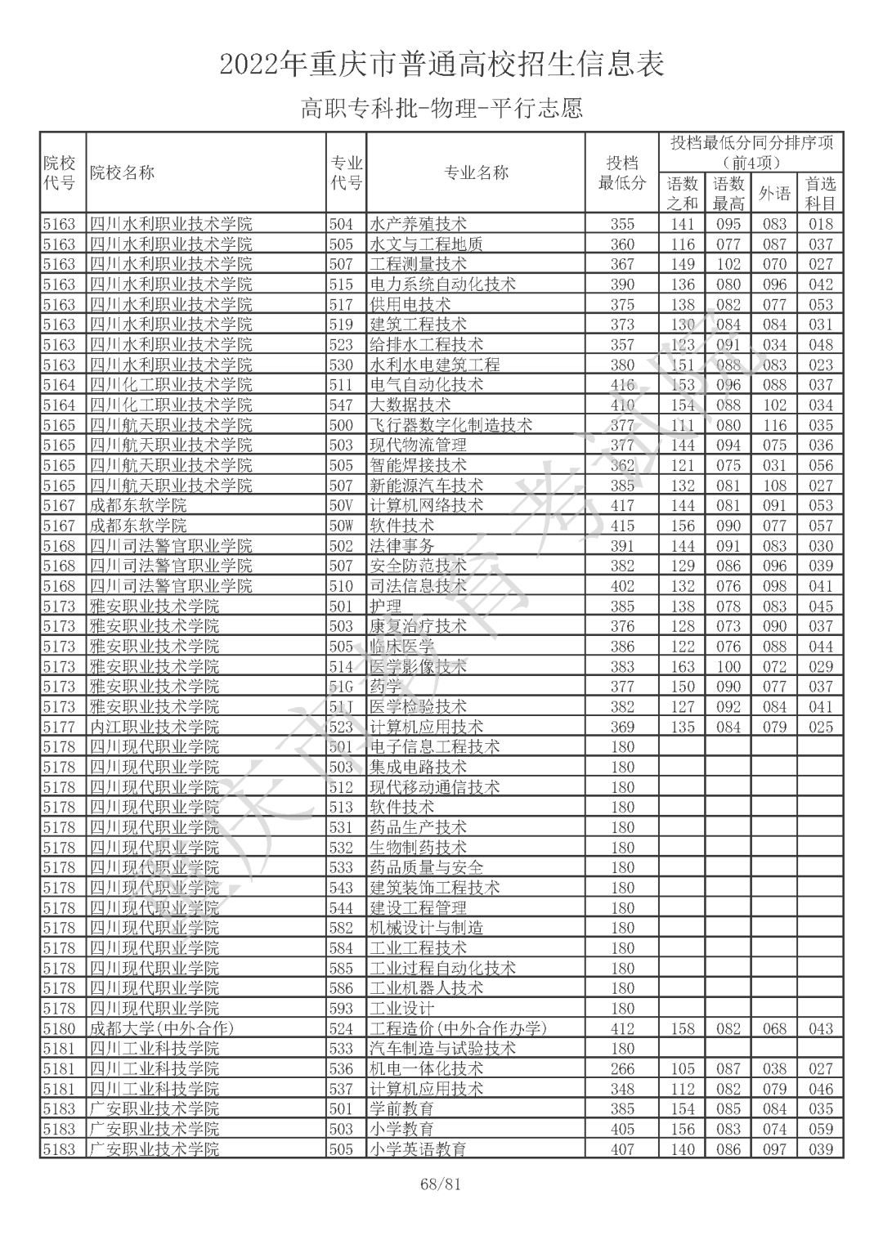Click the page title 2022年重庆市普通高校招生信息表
(441, 64)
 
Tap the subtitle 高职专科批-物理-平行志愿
(441, 108)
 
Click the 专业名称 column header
(476, 172)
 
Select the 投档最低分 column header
(622, 172)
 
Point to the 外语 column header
(774, 194)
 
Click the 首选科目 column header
(820, 194)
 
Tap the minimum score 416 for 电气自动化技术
(622, 385)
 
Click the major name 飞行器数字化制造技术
(450, 425)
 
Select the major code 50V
(341, 506)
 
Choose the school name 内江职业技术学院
(154, 727)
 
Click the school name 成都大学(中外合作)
(161, 1028)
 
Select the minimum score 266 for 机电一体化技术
(622, 1068)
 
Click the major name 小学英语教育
(418, 1149)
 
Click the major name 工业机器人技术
(426, 988)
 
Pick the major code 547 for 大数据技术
(341, 405)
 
